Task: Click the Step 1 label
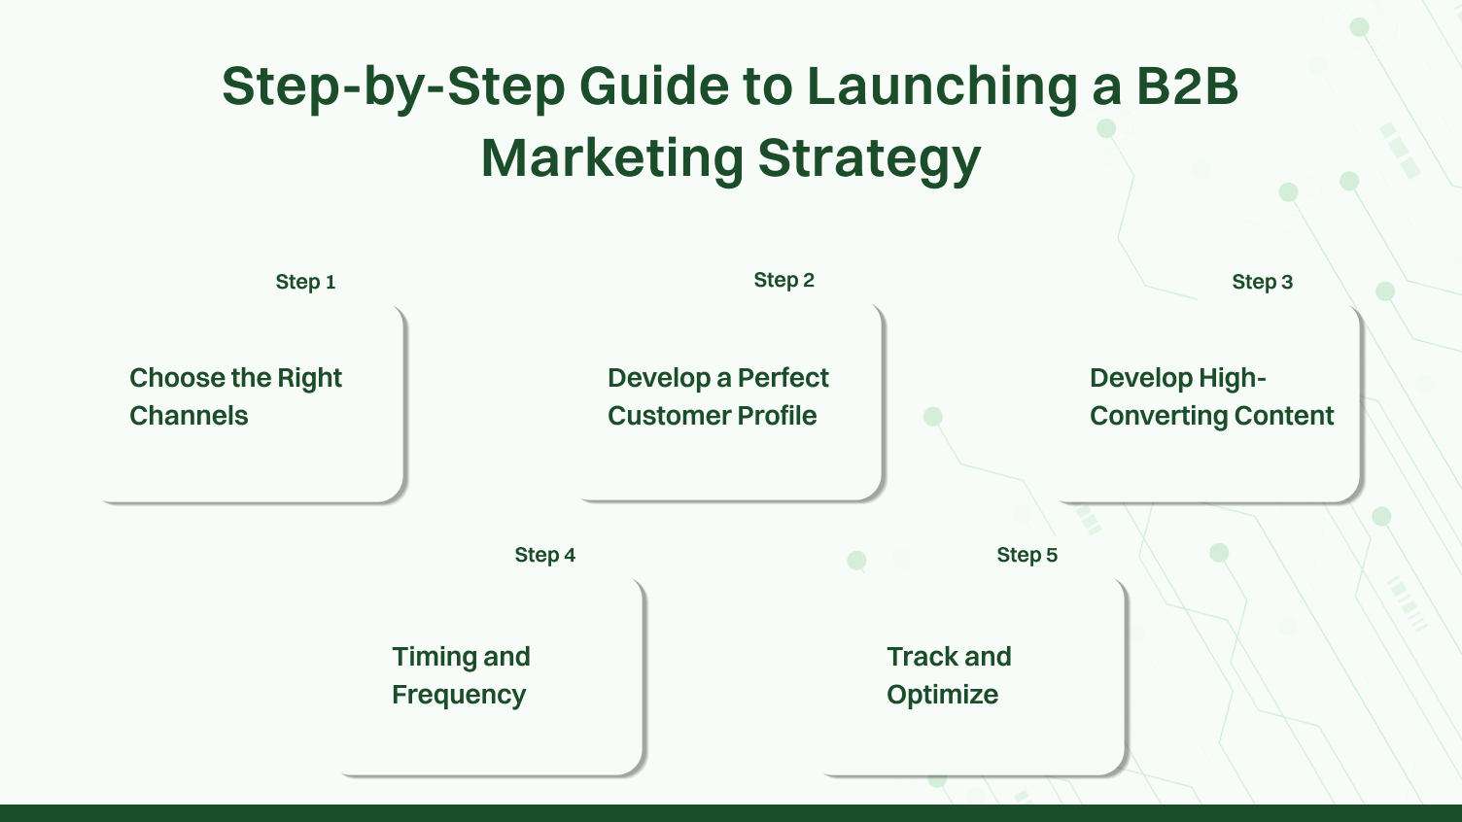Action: (x=305, y=282)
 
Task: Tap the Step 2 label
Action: (x=783, y=280)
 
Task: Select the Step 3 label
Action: (x=1262, y=282)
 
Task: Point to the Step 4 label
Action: (x=544, y=555)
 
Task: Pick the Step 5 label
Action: (x=1027, y=555)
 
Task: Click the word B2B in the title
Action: (x=1187, y=86)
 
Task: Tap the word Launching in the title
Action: (x=941, y=86)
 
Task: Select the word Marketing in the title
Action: (x=611, y=157)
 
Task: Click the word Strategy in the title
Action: (x=869, y=159)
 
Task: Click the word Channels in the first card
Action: (x=189, y=416)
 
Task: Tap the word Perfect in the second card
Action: (x=783, y=378)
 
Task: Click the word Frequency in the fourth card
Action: (x=459, y=696)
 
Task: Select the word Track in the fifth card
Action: (x=922, y=657)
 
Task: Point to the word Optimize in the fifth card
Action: (x=942, y=695)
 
